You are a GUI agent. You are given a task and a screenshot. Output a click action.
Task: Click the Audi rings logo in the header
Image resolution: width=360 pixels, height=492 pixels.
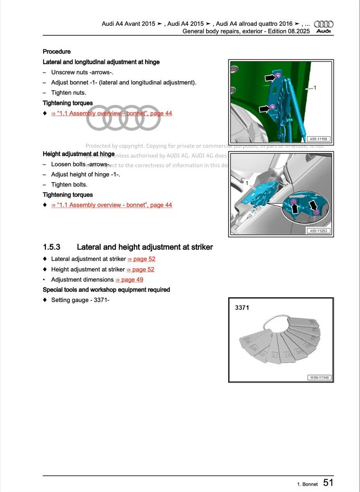pyautogui.click(x=324, y=24)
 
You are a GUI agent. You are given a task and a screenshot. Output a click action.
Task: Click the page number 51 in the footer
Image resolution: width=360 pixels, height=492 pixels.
pyautogui.click(x=329, y=483)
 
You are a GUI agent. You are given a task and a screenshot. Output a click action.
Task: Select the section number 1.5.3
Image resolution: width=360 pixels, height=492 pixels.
pyautogui.click(x=51, y=247)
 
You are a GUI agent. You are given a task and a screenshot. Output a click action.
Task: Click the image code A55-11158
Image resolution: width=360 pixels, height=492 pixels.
pyautogui.click(x=319, y=139)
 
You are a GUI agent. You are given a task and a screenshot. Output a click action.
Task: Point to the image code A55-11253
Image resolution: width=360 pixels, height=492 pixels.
pyautogui.click(x=319, y=231)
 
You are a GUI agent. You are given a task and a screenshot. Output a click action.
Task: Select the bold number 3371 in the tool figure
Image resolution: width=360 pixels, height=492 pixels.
pyautogui.click(x=242, y=308)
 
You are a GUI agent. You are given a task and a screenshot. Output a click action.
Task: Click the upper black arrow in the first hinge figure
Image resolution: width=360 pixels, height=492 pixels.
pyautogui.click(x=269, y=78)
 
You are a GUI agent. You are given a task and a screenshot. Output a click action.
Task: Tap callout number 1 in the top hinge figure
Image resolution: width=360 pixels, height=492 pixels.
pyautogui.click(x=315, y=87)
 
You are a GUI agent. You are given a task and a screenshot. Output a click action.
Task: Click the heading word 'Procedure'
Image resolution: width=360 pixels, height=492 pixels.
pyautogui.click(x=57, y=52)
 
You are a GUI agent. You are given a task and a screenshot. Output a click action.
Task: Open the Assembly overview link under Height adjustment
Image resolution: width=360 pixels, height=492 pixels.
pyautogui.click(x=112, y=205)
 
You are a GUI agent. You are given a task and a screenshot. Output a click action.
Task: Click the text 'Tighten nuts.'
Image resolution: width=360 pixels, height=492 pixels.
pyautogui.click(x=68, y=93)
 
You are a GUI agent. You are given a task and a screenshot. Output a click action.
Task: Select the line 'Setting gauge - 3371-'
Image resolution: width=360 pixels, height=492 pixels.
pyautogui.click(x=80, y=300)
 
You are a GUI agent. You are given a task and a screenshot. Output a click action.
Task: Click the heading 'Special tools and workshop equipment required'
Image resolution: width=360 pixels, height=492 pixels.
pyautogui.click(x=106, y=289)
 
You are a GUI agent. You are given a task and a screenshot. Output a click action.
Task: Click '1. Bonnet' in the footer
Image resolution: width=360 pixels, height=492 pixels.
pyautogui.click(x=307, y=484)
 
